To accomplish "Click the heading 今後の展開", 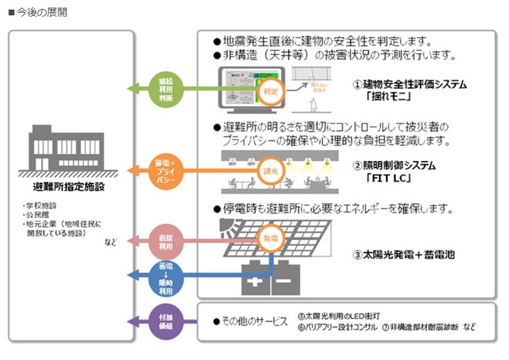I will (x=38, y=13).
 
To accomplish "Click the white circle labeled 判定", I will (x=271, y=91).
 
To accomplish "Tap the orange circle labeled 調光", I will (x=271, y=173).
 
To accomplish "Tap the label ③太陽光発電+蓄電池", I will (x=403, y=256).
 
